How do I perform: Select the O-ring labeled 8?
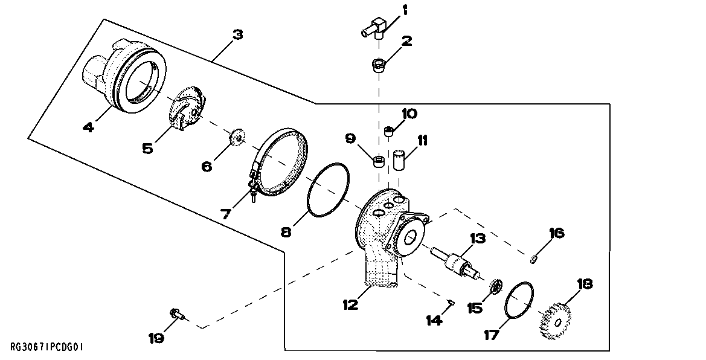(329, 188)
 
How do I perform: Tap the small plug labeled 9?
(379, 161)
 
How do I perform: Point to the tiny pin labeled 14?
(452, 302)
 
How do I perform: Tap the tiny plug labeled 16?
(533, 260)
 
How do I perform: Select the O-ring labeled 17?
(520, 300)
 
